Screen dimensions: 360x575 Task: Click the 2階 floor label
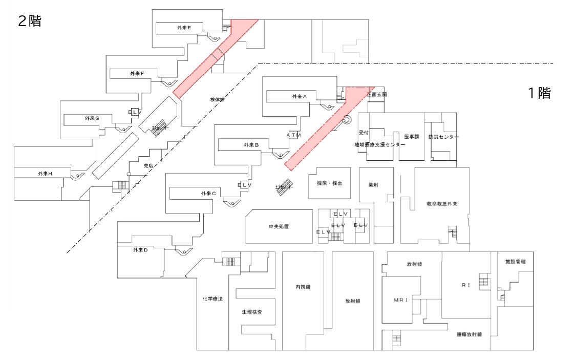click(29, 22)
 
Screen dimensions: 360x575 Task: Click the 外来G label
click(92, 118)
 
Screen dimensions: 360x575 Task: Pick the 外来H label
click(45, 174)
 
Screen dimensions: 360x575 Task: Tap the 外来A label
click(299, 96)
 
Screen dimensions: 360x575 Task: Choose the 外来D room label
click(140, 250)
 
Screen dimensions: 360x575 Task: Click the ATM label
click(293, 135)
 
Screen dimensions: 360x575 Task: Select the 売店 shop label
click(148, 166)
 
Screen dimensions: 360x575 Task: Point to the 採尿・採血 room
click(329, 183)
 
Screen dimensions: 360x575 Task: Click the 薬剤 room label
click(373, 184)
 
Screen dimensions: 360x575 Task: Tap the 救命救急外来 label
click(441, 204)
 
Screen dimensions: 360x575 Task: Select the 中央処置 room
click(279, 226)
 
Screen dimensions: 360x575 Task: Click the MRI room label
click(400, 300)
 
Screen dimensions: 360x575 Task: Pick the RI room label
click(465, 285)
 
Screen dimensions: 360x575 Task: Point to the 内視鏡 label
click(303, 287)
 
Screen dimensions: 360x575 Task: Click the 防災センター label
click(443, 137)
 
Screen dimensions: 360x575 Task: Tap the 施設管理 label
click(515, 262)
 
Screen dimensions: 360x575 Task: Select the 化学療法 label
click(212, 299)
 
